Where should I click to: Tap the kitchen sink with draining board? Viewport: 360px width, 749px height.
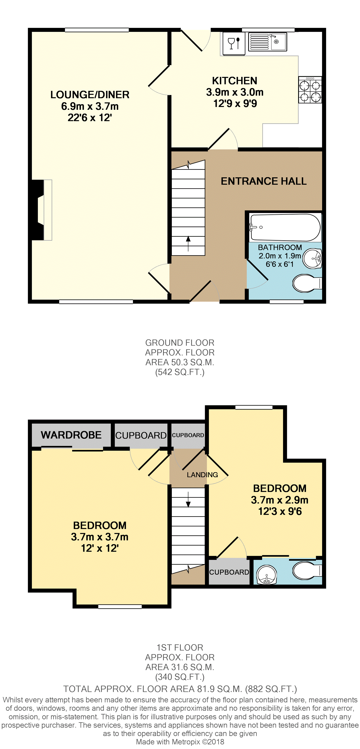pos(268,42)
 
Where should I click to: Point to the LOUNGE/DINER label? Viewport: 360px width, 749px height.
pos(90,95)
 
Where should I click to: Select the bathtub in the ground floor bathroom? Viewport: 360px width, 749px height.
pos(285,227)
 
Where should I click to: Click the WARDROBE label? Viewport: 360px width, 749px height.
pos(71,435)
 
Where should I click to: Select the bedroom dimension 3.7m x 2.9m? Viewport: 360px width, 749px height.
pos(280,500)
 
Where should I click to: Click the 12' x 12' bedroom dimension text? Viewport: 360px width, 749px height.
pos(100,548)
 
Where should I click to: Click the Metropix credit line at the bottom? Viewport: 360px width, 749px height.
pos(180,742)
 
